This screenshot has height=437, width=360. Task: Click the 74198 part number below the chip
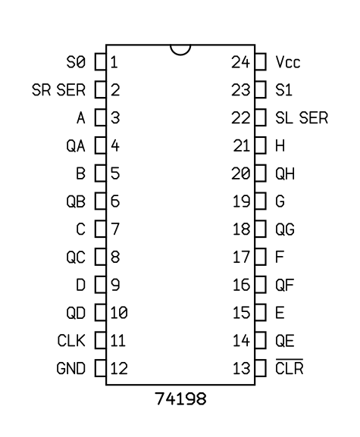(180, 398)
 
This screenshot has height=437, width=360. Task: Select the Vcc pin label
(288, 62)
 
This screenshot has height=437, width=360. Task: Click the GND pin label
(70, 368)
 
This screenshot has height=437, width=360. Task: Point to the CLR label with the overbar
(290, 367)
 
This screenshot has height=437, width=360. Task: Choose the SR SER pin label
(58, 89)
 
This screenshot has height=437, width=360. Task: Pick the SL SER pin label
(302, 117)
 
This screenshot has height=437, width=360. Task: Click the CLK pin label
(71, 341)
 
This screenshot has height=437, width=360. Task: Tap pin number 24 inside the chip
(240, 62)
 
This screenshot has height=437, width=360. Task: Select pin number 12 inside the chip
(119, 368)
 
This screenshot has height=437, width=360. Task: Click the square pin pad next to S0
(100, 61)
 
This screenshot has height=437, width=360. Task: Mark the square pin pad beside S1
(261, 89)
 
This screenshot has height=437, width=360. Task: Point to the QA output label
(76, 145)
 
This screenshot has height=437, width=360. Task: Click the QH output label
(285, 173)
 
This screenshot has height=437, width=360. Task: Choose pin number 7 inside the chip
(115, 229)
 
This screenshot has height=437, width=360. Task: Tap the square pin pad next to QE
(261, 340)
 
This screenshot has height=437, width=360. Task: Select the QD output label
(76, 313)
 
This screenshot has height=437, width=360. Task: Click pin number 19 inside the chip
(241, 201)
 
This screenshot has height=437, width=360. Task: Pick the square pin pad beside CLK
(100, 340)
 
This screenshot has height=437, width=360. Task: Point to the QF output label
(285, 285)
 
